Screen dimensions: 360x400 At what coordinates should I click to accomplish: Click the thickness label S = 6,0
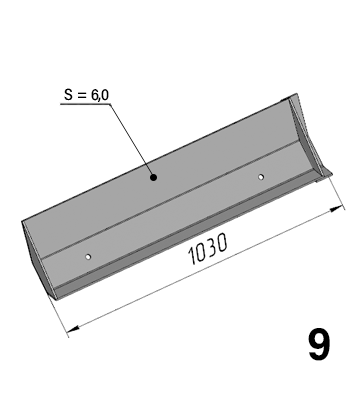[x=87, y=95]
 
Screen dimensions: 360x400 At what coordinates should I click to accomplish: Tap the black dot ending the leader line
[x=153, y=177]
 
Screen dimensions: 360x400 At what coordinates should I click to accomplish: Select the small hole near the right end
[x=261, y=177]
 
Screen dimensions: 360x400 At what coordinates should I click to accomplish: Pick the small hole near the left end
[x=88, y=257]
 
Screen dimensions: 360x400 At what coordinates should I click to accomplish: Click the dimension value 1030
[x=208, y=249]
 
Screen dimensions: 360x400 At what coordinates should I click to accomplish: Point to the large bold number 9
[x=319, y=345]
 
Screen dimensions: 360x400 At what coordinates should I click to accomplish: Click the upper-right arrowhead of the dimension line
[x=337, y=209]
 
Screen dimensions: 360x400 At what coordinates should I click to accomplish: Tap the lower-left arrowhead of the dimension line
[x=73, y=329]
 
